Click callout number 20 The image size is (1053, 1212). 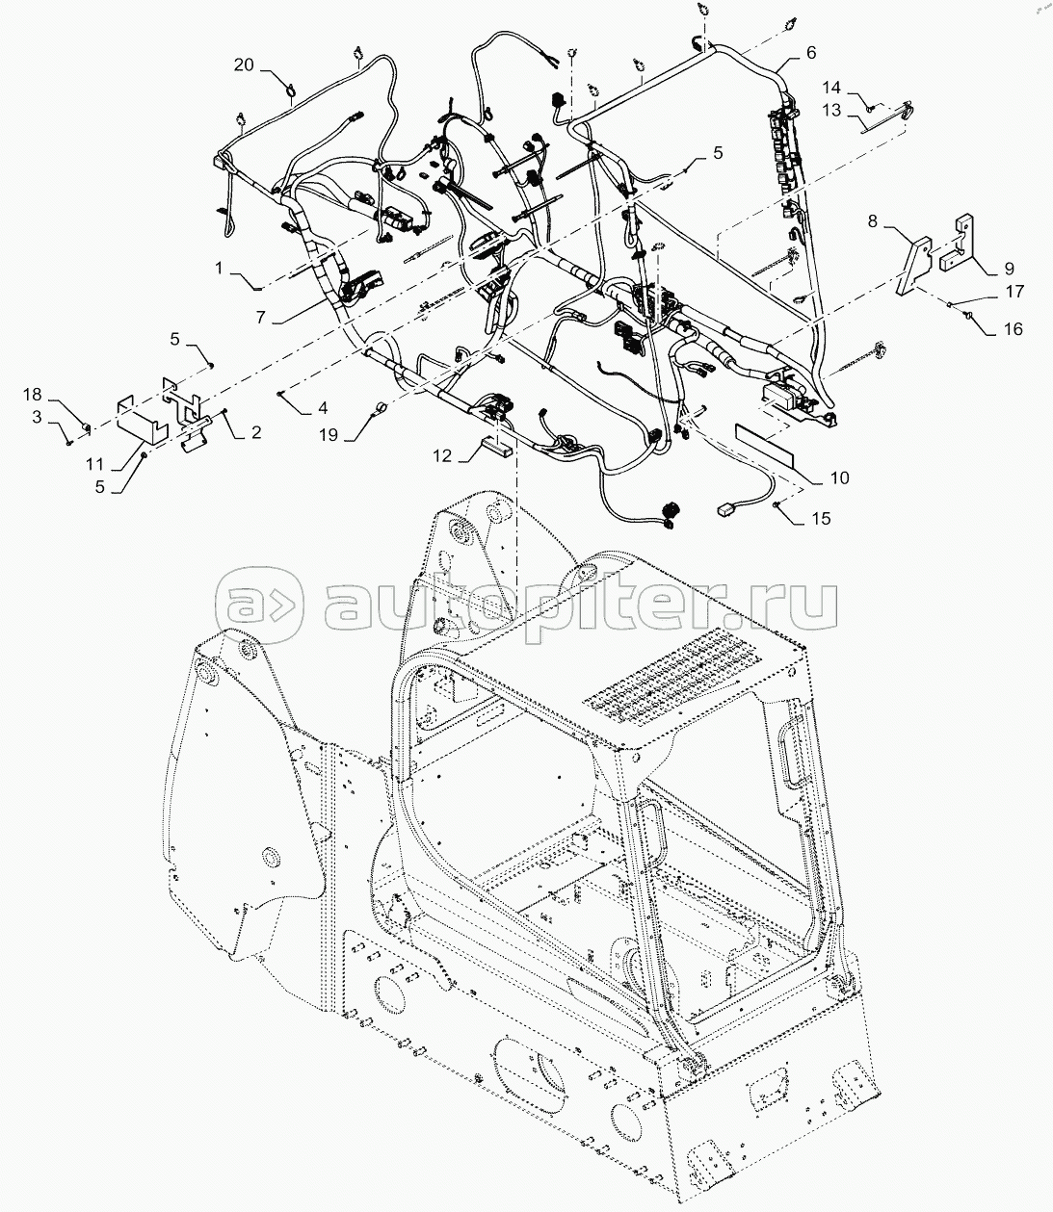coord(245,64)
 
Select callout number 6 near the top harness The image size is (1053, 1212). coord(810,52)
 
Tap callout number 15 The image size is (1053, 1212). coord(820,519)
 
